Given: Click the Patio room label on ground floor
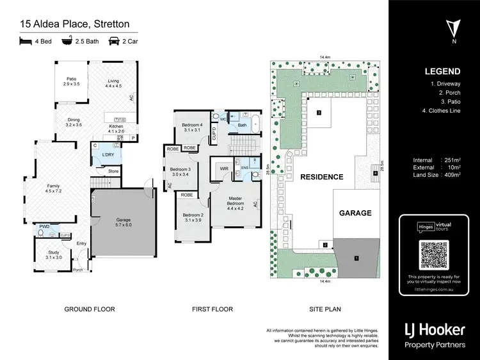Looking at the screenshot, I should click(71, 81).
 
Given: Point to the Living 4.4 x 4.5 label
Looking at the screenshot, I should click(113, 84).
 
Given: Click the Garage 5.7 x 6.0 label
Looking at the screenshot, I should click(123, 223).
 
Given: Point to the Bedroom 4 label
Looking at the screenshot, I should click(192, 127).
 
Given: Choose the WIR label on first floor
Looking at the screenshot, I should click(224, 168).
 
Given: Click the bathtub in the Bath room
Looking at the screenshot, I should click(255, 121).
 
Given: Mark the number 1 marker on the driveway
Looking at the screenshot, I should click(356, 258).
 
